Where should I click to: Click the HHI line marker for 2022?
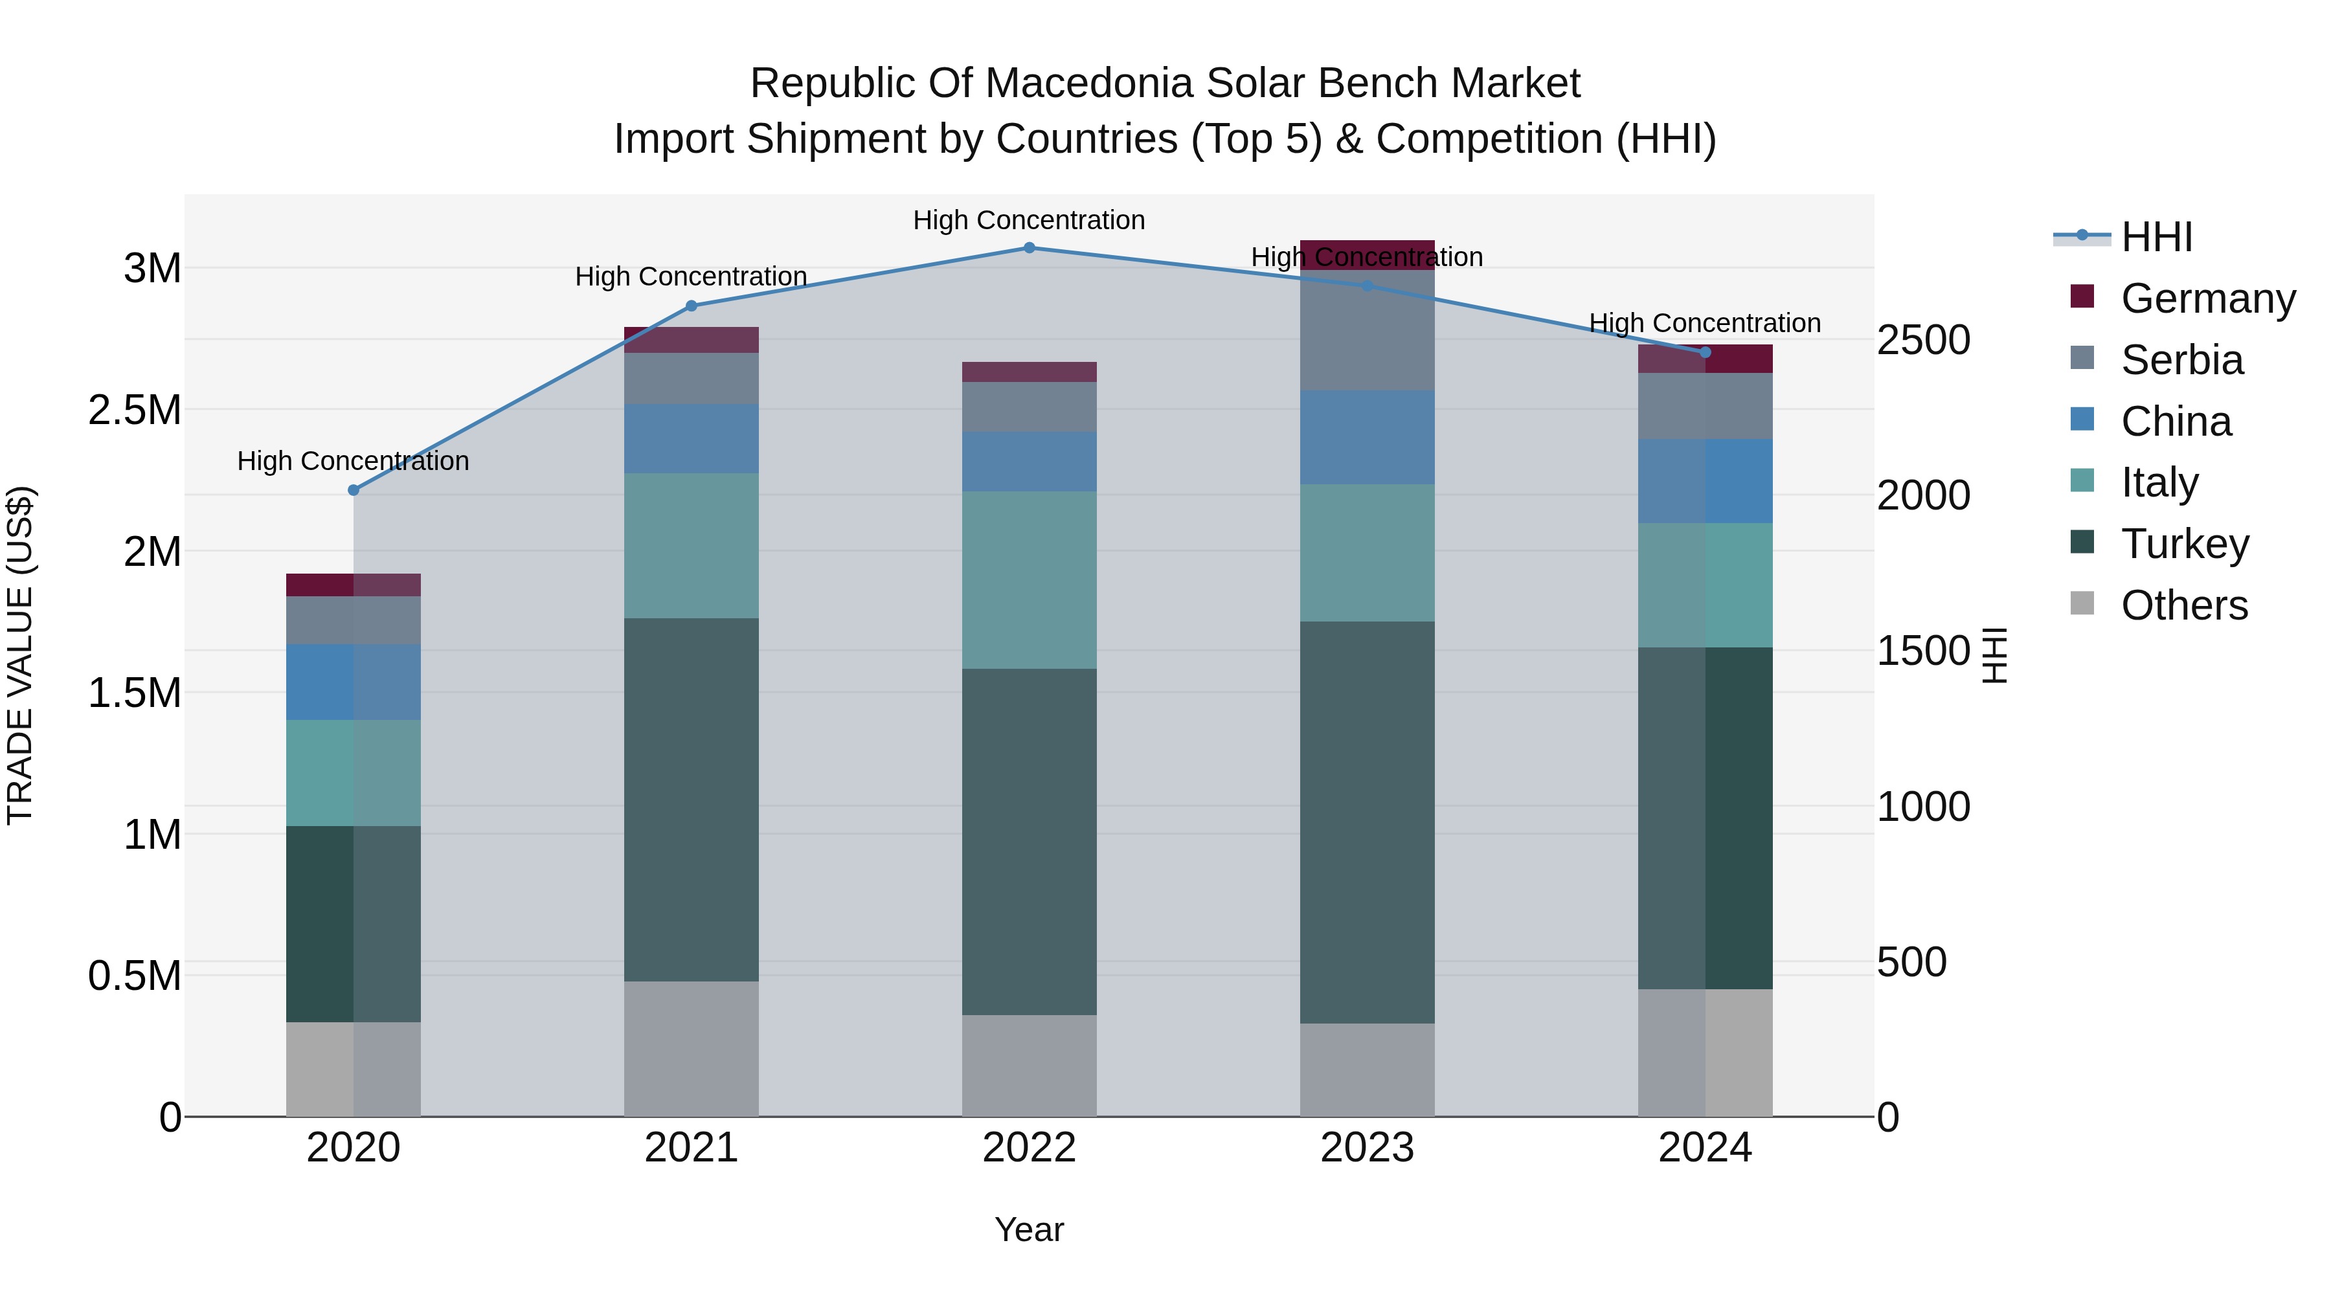click(1029, 248)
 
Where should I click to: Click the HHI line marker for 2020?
click(354, 490)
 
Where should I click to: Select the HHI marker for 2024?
click(1705, 352)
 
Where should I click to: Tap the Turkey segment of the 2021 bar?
click(692, 799)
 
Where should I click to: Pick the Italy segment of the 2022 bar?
click(1029, 580)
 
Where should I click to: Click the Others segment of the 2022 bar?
click(1029, 1065)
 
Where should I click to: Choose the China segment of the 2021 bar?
click(692, 439)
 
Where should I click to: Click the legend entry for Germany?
click(2207, 298)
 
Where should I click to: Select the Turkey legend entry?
click(2185, 544)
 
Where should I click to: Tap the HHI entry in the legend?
click(2156, 237)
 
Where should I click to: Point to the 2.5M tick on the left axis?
click(134, 410)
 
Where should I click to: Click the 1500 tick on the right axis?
click(1923, 651)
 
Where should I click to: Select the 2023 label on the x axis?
click(1368, 1148)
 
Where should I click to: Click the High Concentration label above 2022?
click(1029, 220)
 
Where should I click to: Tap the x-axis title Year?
click(1029, 1229)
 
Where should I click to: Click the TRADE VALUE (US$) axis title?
click(20, 655)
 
